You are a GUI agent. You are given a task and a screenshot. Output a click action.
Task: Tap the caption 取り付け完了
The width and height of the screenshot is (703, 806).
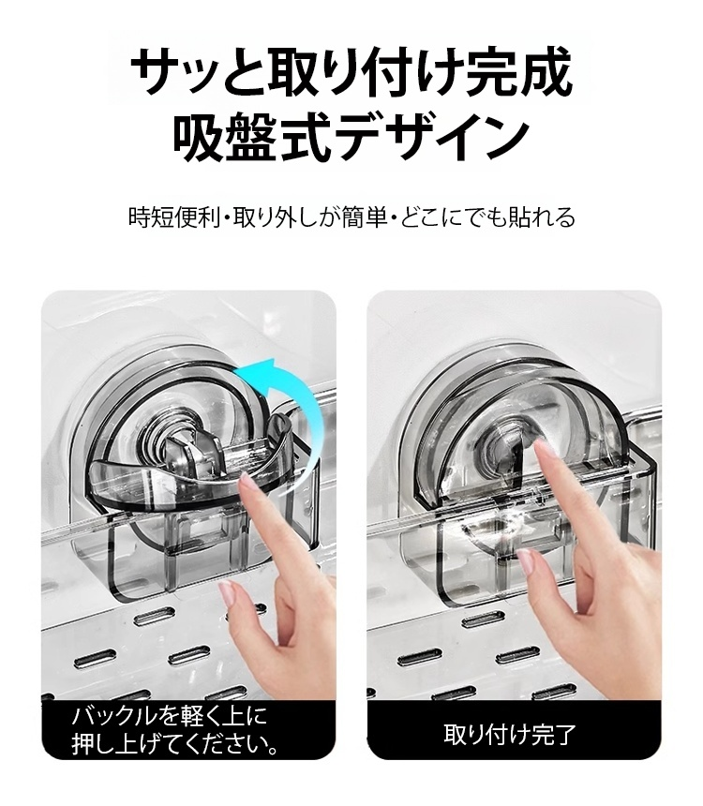[x=510, y=734]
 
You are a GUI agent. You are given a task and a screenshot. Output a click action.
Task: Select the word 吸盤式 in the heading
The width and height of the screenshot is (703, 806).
[x=251, y=137]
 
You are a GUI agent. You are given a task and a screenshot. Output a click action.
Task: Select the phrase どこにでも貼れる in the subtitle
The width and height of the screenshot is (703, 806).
[x=487, y=216]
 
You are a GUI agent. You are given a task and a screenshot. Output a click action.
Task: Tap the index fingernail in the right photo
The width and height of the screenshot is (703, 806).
[x=542, y=448]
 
